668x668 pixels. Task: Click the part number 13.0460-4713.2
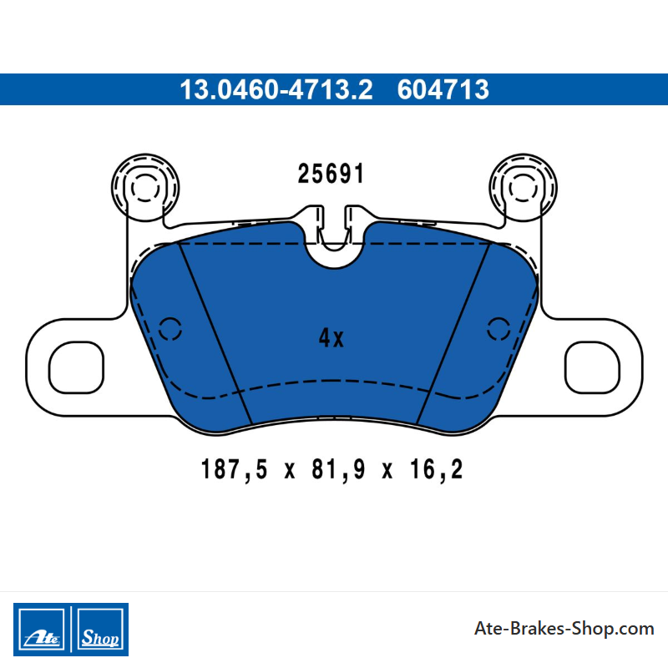(x=276, y=89)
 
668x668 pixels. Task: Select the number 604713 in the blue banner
(x=443, y=89)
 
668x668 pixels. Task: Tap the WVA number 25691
(x=331, y=174)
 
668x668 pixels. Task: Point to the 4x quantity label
(x=331, y=338)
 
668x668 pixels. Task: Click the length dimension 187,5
(x=234, y=469)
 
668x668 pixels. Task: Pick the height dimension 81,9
(x=338, y=469)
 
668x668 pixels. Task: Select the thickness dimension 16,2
(x=436, y=469)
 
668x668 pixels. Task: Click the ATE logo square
(x=42, y=630)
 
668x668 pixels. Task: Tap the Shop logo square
(x=100, y=630)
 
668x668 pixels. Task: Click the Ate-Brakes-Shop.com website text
(x=564, y=629)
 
